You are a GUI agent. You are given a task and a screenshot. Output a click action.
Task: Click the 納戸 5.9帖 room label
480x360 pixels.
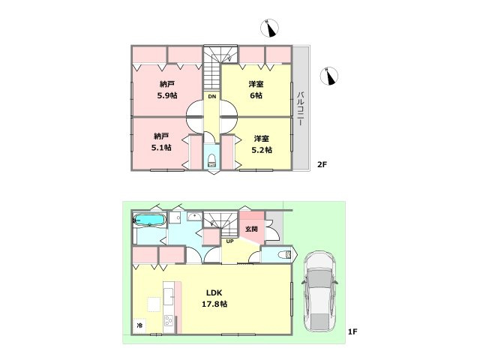point(167,90)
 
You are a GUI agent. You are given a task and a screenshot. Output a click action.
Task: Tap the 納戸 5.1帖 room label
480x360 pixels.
point(161,142)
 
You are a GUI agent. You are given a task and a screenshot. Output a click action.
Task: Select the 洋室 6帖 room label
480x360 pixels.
point(256,90)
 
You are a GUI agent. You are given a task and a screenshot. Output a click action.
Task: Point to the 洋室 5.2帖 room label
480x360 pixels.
point(262,144)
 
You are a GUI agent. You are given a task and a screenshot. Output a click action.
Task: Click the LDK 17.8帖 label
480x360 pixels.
point(214,298)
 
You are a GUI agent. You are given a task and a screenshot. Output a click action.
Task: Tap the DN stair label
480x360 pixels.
point(212,97)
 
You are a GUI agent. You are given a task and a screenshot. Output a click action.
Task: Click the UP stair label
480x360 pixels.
point(230,241)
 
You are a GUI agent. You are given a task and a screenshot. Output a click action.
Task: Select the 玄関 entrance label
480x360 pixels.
point(251,229)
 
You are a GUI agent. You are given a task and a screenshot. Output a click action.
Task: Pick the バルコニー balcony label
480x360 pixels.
point(301,108)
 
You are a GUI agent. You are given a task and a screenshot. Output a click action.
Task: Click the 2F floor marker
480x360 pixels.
point(322,165)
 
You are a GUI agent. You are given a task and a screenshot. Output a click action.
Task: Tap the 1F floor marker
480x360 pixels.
point(352,331)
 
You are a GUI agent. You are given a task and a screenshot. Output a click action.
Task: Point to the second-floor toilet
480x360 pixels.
point(211,160)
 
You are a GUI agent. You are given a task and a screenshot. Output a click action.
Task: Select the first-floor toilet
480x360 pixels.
point(284,254)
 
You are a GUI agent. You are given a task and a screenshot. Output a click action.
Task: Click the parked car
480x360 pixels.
point(319,292)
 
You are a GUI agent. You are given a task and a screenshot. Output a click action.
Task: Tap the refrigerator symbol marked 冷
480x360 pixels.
point(140,325)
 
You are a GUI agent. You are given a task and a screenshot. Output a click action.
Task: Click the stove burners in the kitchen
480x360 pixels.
point(169,320)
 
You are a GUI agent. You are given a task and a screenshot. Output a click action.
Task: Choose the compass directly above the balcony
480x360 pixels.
point(329,76)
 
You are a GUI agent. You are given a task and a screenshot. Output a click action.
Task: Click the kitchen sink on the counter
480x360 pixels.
point(168,296)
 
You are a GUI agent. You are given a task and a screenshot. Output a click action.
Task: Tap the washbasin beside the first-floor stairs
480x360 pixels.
point(194,217)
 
